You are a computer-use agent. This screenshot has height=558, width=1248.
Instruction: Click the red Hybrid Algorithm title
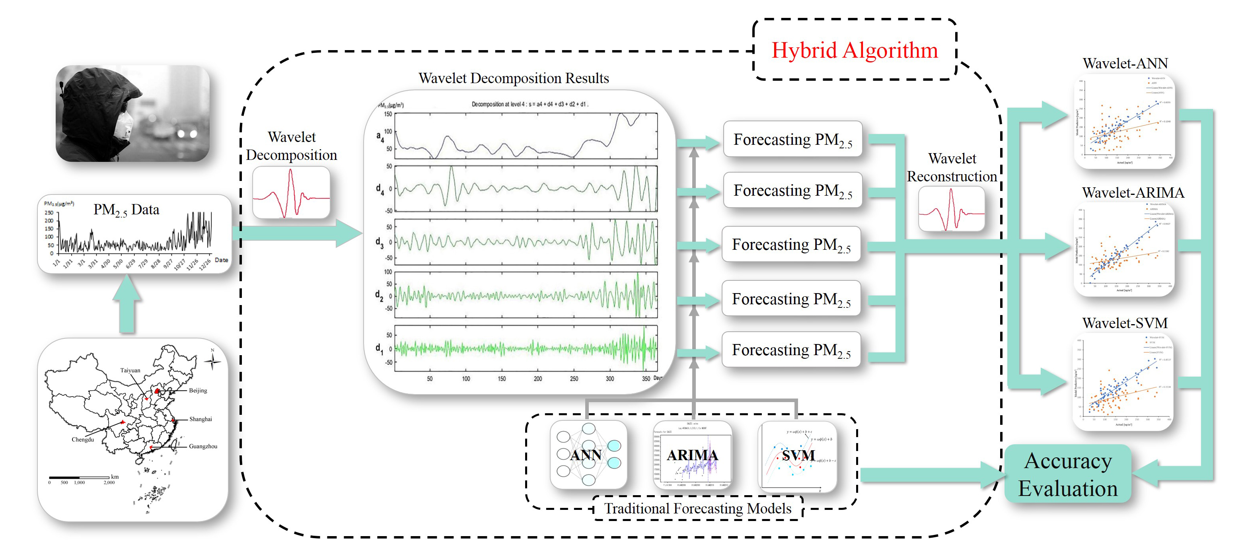[855, 51]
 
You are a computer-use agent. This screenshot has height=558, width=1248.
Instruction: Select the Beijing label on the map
[198, 391]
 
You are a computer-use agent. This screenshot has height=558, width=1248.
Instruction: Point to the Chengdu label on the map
[83, 439]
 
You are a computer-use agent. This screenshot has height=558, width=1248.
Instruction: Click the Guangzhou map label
[203, 446]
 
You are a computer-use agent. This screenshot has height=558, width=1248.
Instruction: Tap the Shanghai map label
[201, 419]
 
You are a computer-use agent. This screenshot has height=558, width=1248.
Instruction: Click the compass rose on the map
[212, 361]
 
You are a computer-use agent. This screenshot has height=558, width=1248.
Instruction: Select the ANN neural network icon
[588, 454]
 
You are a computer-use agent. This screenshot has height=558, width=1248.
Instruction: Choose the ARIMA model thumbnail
[692, 455]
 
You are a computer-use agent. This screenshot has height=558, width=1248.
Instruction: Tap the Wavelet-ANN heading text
[1125, 64]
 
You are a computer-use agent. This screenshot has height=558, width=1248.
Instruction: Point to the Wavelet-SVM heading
[1125, 323]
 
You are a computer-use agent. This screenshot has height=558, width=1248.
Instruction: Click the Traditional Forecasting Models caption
[698, 509]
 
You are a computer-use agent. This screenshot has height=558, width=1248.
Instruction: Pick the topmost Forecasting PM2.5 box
[792, 140]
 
